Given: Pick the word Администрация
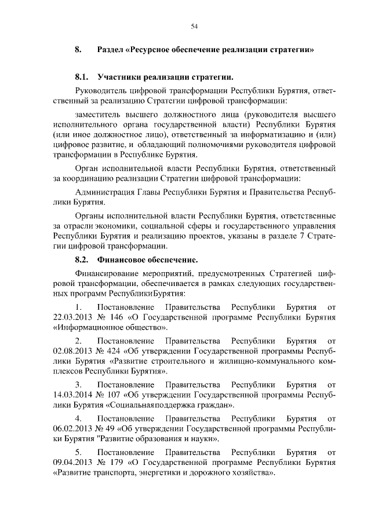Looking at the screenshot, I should point(109,192).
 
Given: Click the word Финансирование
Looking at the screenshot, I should point(113,273).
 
